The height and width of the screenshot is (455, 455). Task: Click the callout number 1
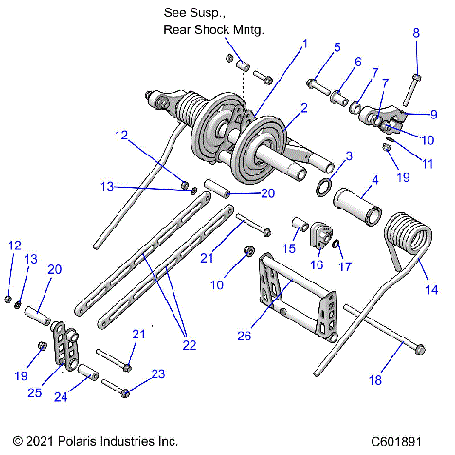point(305,44)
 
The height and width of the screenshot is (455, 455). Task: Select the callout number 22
point(190,345)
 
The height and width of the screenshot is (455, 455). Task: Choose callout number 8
point(415,34)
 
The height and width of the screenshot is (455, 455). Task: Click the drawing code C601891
point(409,441)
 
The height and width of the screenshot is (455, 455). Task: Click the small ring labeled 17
point(337,246)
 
